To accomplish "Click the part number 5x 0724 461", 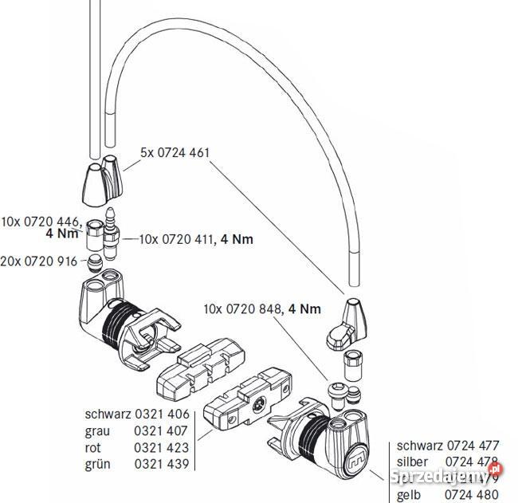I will point(174,151).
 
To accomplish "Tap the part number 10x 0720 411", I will point(180,238).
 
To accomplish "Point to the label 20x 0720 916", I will point(40,261).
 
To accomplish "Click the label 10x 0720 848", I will point(243,308).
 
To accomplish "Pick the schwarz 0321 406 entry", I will point(136,414).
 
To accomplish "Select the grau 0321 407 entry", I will point(136,430).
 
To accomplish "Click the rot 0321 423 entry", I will point(136,447).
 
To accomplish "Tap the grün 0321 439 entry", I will point(136,464).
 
